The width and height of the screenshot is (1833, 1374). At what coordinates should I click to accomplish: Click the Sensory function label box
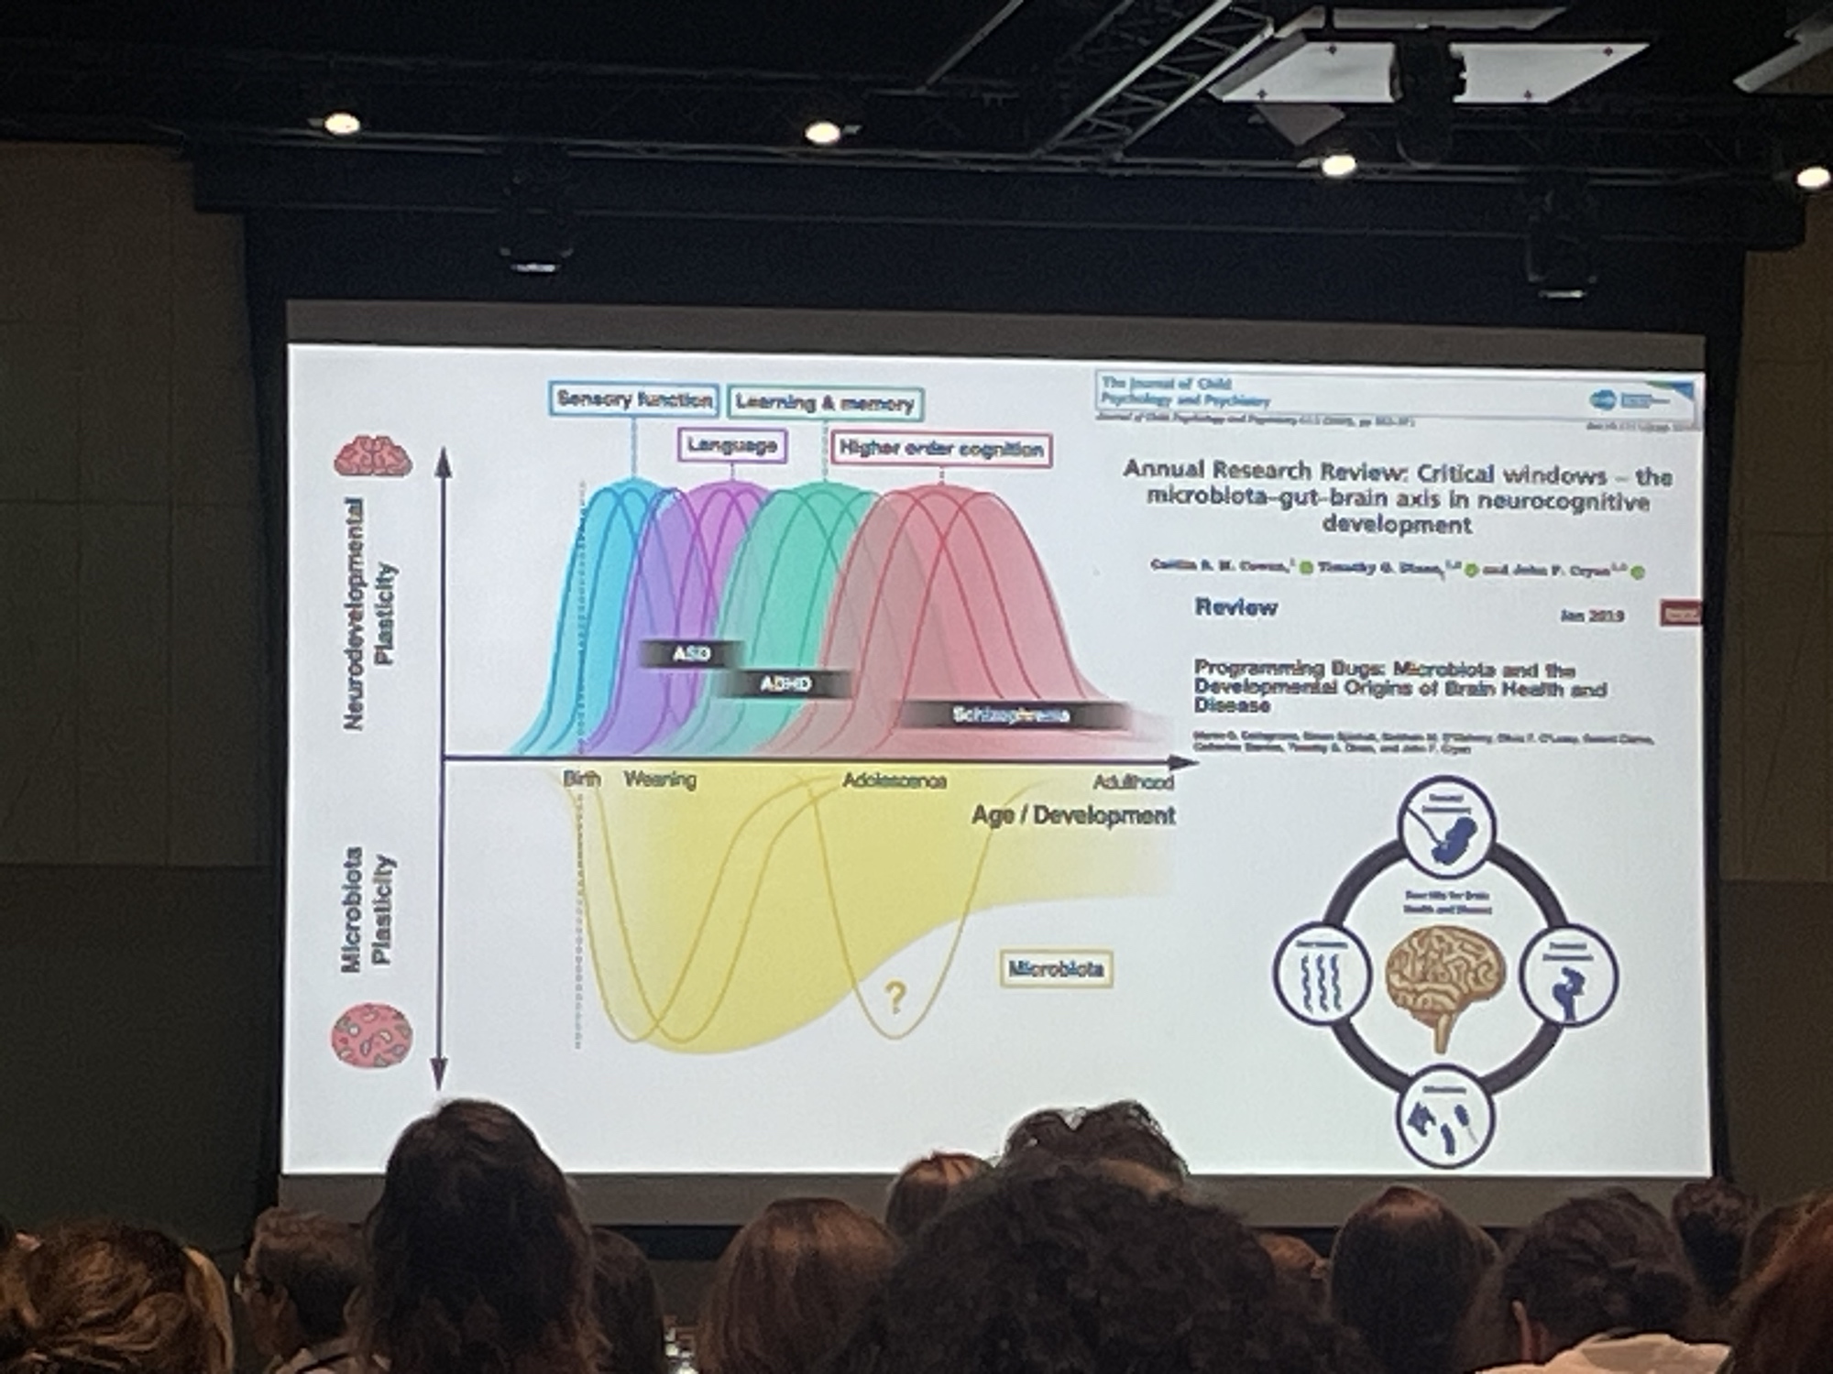point(634,400)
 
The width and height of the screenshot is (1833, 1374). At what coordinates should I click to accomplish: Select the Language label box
point(732,446)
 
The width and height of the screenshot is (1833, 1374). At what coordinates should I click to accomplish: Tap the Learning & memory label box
point(825,403)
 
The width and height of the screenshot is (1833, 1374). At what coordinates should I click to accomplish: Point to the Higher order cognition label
point(941,450)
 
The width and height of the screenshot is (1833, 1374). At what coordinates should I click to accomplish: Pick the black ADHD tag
point(785,683)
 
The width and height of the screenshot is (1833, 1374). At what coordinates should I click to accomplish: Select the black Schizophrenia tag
point(1011,715)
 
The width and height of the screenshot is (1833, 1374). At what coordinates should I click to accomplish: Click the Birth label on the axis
point(582,780)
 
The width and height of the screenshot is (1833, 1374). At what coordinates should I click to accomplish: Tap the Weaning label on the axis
point(660,780)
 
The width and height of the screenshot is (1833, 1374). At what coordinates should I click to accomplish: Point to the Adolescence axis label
point(894,781)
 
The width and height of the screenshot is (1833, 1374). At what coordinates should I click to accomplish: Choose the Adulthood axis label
point(1133,782)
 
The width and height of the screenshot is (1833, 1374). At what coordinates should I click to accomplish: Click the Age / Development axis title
point(1073,815)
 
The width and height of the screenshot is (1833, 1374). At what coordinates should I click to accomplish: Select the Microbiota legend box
point(1056,969)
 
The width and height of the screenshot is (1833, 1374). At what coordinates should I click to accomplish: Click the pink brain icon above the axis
point(373,455)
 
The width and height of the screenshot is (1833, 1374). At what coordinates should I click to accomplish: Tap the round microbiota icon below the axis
point(371,1035)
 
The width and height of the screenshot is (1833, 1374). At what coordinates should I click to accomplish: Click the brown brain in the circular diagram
point(1446,980)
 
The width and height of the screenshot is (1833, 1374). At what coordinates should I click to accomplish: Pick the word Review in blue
point(1235,607)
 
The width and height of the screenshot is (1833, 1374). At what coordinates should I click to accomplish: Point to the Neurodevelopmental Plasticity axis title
point(370,614)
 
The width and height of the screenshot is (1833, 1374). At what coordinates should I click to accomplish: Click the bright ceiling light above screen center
point(822,133)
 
